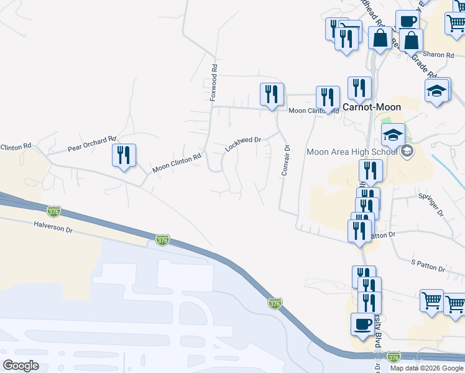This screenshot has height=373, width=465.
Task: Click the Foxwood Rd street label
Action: point(214,82)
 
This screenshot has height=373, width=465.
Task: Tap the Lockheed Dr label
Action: point(242,144)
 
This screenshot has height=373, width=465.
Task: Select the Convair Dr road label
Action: point(286,160)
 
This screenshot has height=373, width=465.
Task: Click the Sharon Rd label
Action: point(438,55)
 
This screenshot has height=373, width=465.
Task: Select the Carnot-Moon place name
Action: point(372,107)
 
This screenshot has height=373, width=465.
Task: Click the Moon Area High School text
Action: point(352,152)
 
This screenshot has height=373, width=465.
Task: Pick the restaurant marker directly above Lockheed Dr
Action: point(272,94)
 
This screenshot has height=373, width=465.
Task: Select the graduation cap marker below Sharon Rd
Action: point(436,91)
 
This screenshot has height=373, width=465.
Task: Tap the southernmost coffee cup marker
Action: point(362,323)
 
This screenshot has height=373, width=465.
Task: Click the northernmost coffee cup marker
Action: point(407,21)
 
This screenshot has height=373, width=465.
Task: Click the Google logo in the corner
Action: point(21,366)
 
